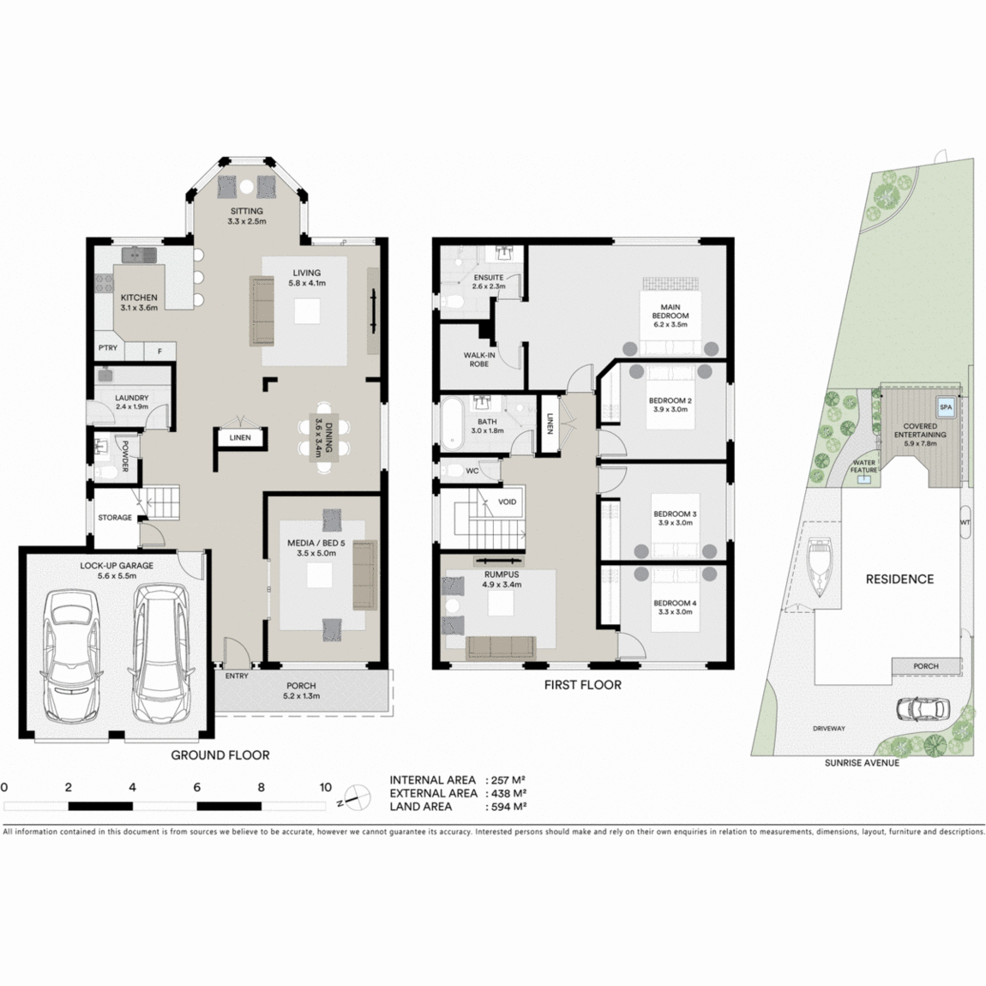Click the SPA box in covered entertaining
pos(946,407)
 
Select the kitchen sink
pos(140,255)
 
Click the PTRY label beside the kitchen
pos(108,348)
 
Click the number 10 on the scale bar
pos(325,787)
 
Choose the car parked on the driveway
pos(923,709)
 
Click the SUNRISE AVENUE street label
pos(862,763)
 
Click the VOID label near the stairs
pos(507,502)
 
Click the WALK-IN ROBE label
pos(479,360)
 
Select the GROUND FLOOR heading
pos(220,755)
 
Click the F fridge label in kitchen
pos(159,352)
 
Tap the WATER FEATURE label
pos(863,466)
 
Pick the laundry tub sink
pos(105,376)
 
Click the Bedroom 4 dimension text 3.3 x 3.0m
pos(675,612)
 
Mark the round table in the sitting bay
pos(247,187)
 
